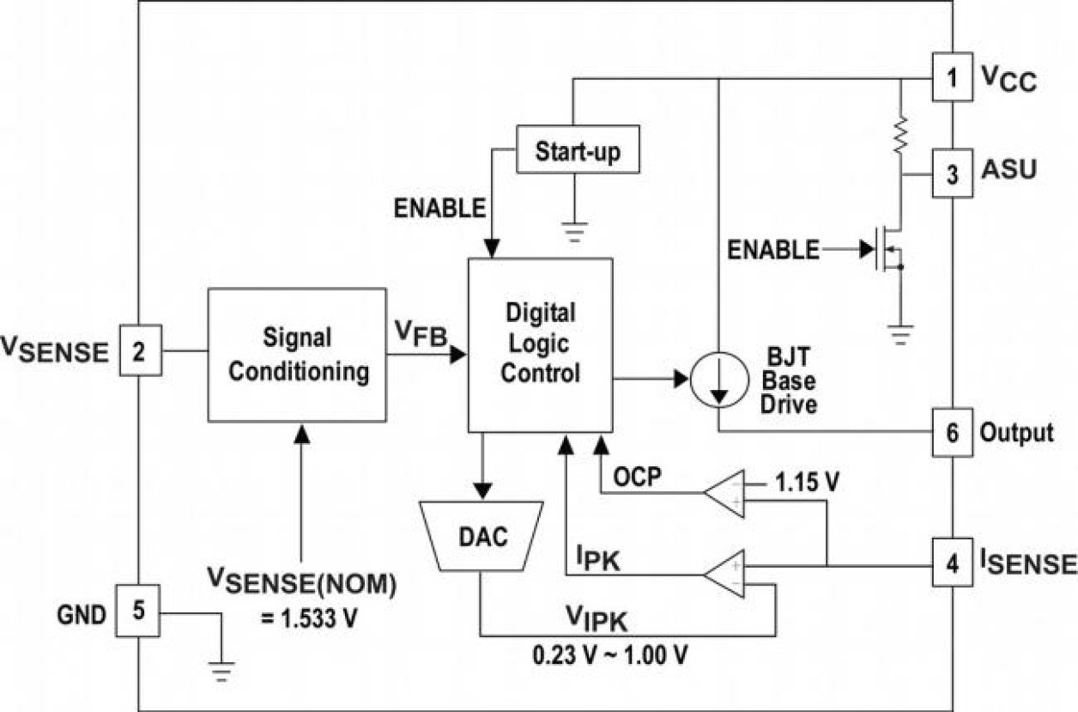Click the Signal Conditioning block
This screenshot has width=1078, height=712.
[x=297, y=354]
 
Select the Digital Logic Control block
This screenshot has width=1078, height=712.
[x=540, y=344]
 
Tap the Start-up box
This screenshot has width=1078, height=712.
[x=578, y=152]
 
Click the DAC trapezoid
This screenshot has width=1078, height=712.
[x=482, y=537]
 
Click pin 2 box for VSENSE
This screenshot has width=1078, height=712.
[x=140, y=350]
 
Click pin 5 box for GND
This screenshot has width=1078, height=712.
[x=140, y=612]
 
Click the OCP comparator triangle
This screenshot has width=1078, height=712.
[x=725, y=494]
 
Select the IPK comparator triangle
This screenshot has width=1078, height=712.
[x=725, y=575]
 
